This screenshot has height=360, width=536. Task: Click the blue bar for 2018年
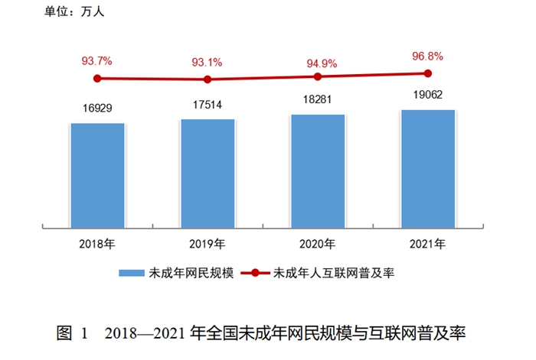[97, 175]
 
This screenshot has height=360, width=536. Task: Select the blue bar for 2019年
[208, 173]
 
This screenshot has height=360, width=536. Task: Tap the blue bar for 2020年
[317, 170]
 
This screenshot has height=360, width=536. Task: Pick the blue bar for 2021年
[427, 168]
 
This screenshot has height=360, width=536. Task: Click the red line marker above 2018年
[97, 78]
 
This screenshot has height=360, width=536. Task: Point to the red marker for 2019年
[208, 79]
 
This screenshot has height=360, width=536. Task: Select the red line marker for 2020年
[317, 76]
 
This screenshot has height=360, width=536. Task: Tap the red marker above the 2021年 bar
[427, 73]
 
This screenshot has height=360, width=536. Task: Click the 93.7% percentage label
[97, 60]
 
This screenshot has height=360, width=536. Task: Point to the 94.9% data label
[317, 59]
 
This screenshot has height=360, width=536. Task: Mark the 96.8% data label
[427, 56]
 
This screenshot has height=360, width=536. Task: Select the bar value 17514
[208, 105]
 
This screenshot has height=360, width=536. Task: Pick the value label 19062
[427, 96]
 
